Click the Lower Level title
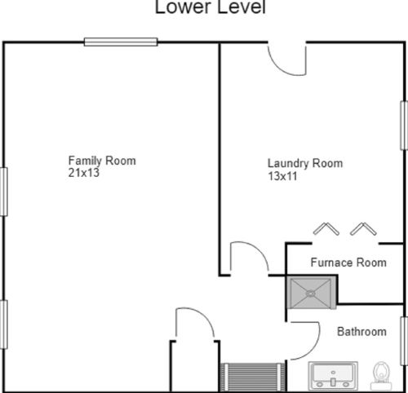click(x=210, y=7)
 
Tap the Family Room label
click(x=102, y=161)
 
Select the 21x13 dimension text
click(x=84, y=173)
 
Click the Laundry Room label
click(x=305, y=163)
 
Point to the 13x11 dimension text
click(x=282, y=176)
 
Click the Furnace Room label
click(x=348, y=263)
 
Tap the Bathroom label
click(x=361, y=332)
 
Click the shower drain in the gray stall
click(x=310, y=294)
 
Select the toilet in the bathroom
click(x=381, y=376)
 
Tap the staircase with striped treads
click(x=253, y=378)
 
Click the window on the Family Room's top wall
click(x=121, y=42)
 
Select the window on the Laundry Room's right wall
click(x=404, y=126)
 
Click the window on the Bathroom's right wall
click(x=404, y=341)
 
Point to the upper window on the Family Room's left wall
click(x=3, y=192)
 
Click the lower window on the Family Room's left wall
click(x=3, y=325)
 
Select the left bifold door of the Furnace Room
click(x=326, y=228)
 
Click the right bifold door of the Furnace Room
click(x=363, y=228)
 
